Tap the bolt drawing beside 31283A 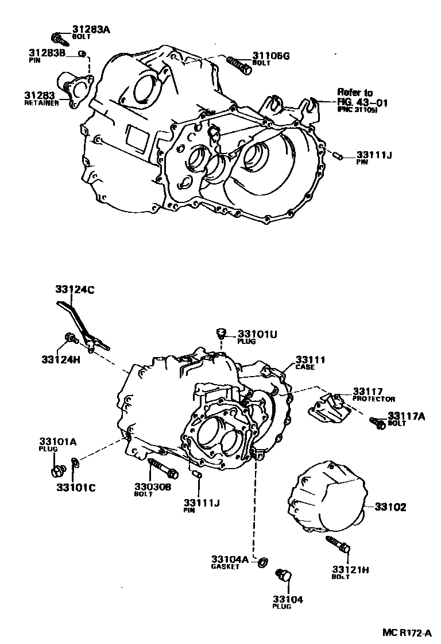(59, 39)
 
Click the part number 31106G (271, 56)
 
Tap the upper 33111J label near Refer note (374, 155)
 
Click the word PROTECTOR (374, 399)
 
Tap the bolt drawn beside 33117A (377, 423)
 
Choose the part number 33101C (76, 488)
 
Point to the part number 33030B (153, 486)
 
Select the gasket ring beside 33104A (262, 561)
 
